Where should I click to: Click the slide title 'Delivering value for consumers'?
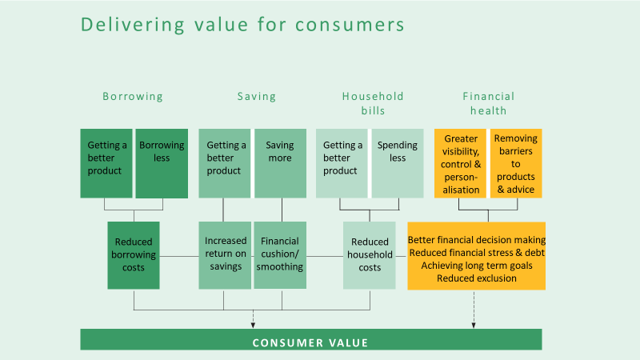tap(242, 25)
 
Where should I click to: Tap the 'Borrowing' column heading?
tap(133, 97)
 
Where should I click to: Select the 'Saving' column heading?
tap(257, 96)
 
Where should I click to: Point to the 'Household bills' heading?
tap(373, 103)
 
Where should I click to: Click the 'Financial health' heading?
tap(489, 103)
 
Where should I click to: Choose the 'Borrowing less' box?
tap(162, 164)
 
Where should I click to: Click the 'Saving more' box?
tap(281, 164)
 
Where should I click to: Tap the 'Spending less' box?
tap(398, 164)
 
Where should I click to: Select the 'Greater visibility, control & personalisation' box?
tap(461, 164)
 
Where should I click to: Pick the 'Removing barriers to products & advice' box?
tap(516, 164)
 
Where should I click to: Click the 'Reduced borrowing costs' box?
tap(134, 255)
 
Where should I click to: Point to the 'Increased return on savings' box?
tap(225, 255)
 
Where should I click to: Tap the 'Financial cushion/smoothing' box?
tap(280, 255)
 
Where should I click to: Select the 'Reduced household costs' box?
tap(370, 255)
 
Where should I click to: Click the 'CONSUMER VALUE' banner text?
tap(310, 343)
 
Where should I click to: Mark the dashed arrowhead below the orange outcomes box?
tap(474, 326)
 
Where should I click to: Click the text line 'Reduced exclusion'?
tap(477, 278)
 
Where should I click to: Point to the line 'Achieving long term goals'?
tap(477, 266)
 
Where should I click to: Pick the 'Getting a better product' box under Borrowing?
tap(106, 164)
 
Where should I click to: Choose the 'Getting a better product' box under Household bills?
tap(342, 164)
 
